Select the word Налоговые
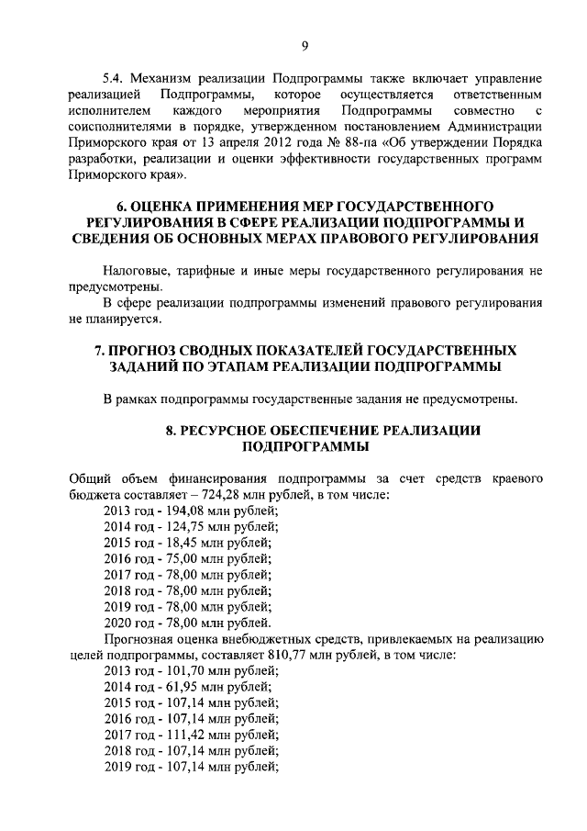[x=140, y=270]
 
